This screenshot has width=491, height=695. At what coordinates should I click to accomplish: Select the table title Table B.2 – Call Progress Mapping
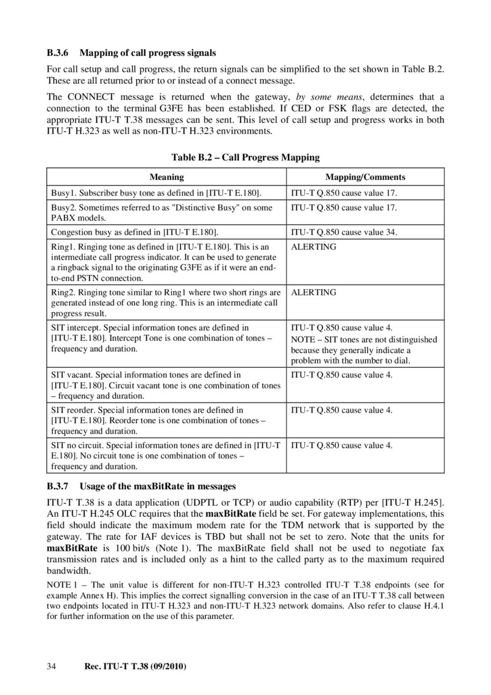[x=245, y=158]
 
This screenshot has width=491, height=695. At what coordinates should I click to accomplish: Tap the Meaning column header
[x=167, y=177]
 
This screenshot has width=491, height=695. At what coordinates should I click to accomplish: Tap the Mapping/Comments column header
[x=365, y=177]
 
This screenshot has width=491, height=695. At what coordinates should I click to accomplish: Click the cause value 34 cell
[x=344, y=232]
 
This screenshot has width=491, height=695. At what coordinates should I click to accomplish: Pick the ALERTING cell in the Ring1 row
[x=314, y=246]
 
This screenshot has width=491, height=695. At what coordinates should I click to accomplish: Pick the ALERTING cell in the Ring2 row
[x=314, y=292]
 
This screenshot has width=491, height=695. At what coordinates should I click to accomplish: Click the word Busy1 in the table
[x=63, y=193]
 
